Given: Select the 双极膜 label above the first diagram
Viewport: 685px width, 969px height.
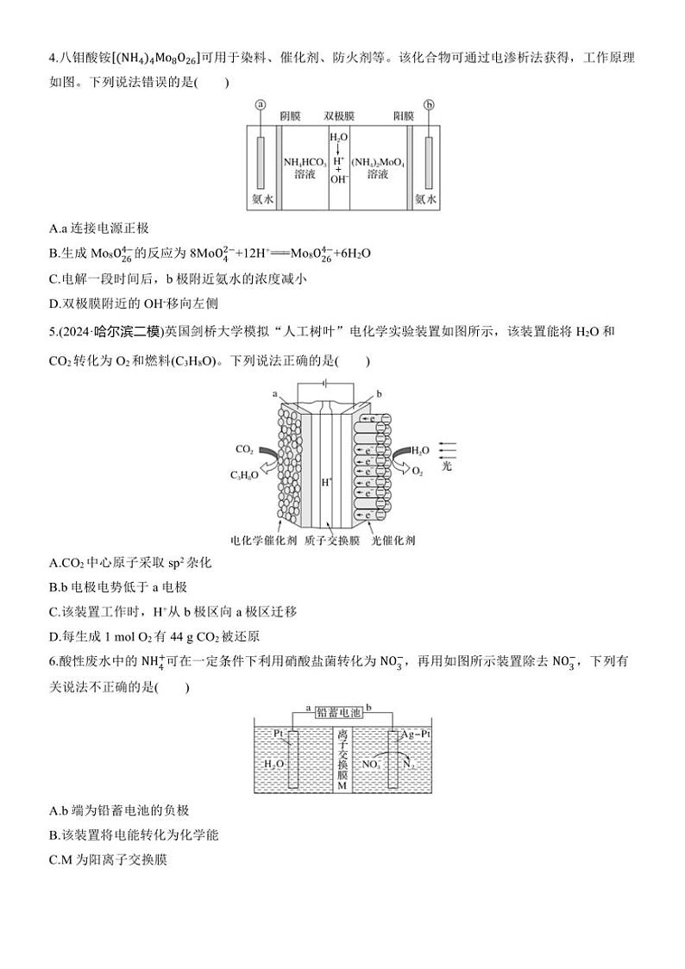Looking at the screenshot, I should tap(339, 116).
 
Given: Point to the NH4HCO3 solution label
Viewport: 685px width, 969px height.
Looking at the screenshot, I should tap(303, 167).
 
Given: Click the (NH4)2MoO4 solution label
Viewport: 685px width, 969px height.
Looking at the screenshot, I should tap(377, 167).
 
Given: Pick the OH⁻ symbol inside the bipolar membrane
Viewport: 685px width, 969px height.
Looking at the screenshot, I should tap(338, 180).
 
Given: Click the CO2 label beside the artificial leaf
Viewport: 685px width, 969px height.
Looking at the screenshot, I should tap(244, 450).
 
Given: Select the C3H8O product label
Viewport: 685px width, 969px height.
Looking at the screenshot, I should tap(243, 475).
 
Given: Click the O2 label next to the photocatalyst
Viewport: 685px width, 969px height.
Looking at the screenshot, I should tap(418, 473).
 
